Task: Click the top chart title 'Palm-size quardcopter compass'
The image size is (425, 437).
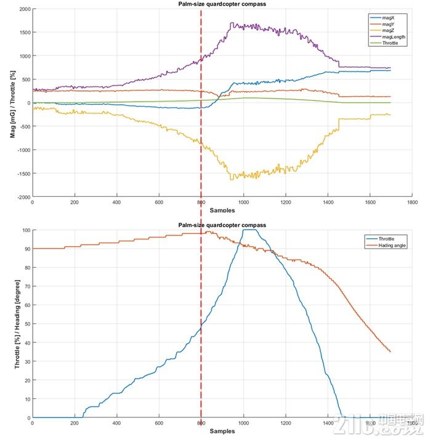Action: coord(222,5)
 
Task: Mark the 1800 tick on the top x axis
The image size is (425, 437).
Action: coord(412,202)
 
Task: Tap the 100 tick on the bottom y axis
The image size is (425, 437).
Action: coord(25,230)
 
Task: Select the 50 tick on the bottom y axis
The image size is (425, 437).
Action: coord(26,324)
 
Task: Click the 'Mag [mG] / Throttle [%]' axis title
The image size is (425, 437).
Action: coord(12,103)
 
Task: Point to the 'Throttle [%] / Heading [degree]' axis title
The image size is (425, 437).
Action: coord(17,324)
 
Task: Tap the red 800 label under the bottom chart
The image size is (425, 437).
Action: coord(201,424)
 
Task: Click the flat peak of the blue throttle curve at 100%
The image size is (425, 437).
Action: coord(250,230)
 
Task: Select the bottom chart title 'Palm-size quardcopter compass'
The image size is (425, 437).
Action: coord(222,225)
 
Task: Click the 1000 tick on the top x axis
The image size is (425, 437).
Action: coord(243,202)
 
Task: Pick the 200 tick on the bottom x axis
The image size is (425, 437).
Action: coord(75,423)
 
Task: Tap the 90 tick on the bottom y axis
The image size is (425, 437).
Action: coord(26,249)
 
